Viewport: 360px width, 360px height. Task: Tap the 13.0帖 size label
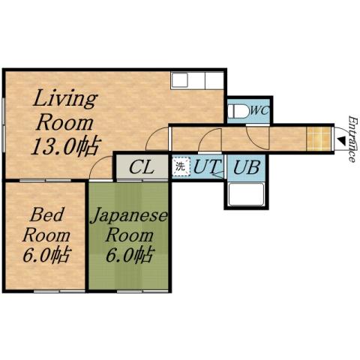[65, 145]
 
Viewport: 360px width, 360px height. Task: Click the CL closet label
[142, 166]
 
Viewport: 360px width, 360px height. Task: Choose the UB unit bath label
[245, 166]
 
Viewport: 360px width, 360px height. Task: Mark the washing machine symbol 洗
[180, 166]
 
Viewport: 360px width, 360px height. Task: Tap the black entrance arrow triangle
[340, 139]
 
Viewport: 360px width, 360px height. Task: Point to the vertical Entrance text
[351, 139]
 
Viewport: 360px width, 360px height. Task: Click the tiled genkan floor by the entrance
[317, 139]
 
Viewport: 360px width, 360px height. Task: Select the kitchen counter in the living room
[197, 79]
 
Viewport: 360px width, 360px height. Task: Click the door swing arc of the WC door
[258, 135]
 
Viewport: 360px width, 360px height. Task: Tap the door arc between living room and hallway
[156, 136]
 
